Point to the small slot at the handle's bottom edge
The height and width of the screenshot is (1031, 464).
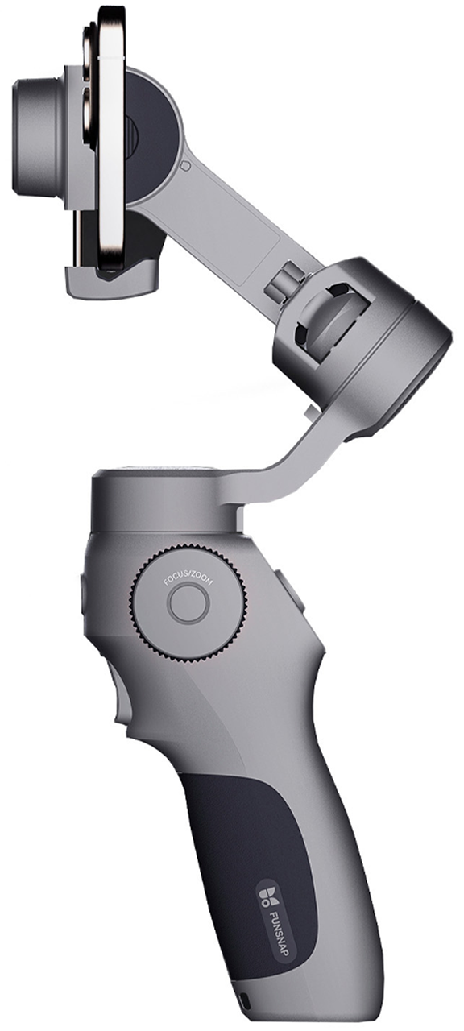click(245, 1001)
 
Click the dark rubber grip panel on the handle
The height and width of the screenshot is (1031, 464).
click(234, 846)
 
